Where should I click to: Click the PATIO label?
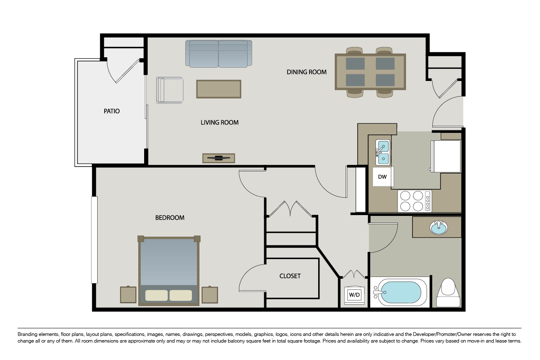point(111,111)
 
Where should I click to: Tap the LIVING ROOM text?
point(219,122)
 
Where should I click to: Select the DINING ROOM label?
point(307,72)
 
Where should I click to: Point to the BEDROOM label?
point(169,218)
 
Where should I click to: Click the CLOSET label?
point(290,276)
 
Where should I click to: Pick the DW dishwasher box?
point(383,177)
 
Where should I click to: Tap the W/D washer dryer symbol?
point(354,295)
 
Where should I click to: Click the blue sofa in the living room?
point(218,54)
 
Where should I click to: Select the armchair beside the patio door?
point(170,90)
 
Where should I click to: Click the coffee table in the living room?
point(218,89)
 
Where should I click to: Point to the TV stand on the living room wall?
point(218,158)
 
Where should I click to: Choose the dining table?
point(370,71)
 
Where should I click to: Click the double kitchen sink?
point(383,152)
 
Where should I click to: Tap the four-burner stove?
point(415,201)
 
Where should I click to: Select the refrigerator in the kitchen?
point(447,156)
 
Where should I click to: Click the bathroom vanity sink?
point(439,228)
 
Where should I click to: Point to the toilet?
point(448,292)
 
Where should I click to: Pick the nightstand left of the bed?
point(128,294)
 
